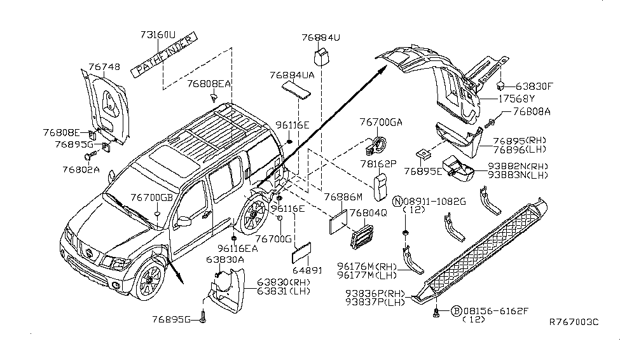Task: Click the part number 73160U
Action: click(x=158, y=36)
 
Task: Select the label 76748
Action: click(x=104, y=66)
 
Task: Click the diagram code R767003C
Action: click(x=574, y=322)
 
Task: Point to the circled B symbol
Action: click(x=456, y=311)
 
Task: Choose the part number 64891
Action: click(x=308, y=270)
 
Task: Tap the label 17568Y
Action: click(x=516, y=99)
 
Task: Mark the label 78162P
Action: click(x=379, y=163)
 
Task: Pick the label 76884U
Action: click(x=321, y=38)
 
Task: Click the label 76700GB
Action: click(x=151, y=198)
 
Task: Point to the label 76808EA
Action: click(x=209, y=83)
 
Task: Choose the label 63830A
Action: click(x=224, y=260)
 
